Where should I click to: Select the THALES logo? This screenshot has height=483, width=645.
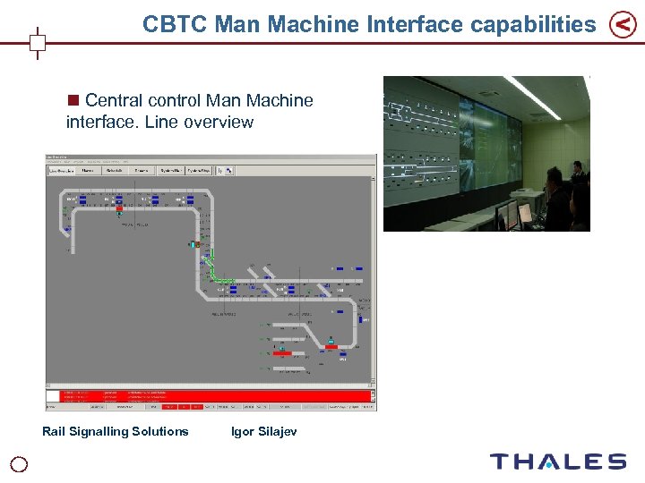[557, 462]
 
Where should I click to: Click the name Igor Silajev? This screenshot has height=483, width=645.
[263, 432]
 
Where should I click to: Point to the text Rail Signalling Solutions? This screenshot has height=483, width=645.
[116, 432]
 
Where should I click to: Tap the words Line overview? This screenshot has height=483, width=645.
[210, 123]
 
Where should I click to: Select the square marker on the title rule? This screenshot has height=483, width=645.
[38, 42]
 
